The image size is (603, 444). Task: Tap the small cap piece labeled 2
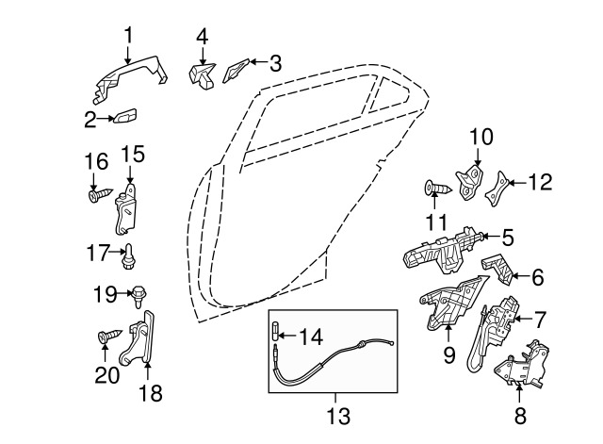125,115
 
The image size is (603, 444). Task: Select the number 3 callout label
275,63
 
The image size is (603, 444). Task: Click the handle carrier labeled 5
442,251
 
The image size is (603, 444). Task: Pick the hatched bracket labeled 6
497,270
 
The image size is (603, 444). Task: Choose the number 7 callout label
540,320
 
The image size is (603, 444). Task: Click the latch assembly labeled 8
521,364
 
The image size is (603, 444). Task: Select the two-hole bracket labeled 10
470,182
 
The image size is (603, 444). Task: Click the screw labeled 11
438,189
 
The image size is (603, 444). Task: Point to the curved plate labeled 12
497,189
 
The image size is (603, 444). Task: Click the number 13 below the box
338,416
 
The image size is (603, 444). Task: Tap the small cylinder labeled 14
277,331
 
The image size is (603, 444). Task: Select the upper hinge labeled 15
125,209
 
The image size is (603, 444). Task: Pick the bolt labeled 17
128,256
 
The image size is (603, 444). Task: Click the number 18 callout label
151,393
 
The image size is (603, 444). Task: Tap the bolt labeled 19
139,296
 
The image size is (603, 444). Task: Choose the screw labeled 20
109,337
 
